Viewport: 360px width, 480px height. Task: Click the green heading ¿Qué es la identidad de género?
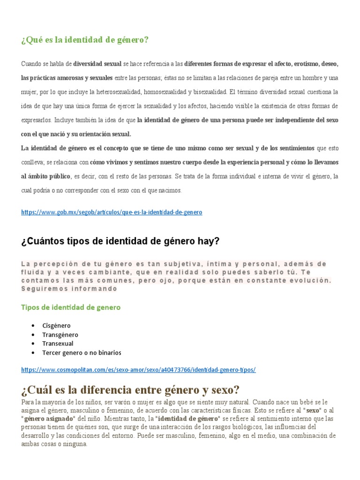[85, 40]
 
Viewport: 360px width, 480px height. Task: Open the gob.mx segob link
[112, 212]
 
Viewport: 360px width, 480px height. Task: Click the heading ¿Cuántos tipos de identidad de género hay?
[120, 241]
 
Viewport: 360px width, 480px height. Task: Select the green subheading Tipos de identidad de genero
[71, 307]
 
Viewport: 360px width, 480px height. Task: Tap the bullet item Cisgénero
[56, 325]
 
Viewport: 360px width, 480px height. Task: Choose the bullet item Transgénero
[60, 335]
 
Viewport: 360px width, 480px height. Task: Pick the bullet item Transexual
[58, 344]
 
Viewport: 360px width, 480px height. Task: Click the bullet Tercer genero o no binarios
[82, 352]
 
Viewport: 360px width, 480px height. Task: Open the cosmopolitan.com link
[138, 370]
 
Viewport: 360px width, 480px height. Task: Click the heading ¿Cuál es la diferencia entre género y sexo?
[130, 390]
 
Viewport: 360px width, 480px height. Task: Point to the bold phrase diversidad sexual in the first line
[97, 63]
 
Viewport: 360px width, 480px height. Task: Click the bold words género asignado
[49, 418]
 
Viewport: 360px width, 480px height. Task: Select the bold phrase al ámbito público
[45, 177]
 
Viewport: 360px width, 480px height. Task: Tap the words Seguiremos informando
[69, 289]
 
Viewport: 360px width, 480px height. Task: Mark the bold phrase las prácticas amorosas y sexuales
[67, 78]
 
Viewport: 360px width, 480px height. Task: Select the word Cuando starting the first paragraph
[31, 63]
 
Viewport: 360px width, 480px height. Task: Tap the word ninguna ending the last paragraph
[76, 444]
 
